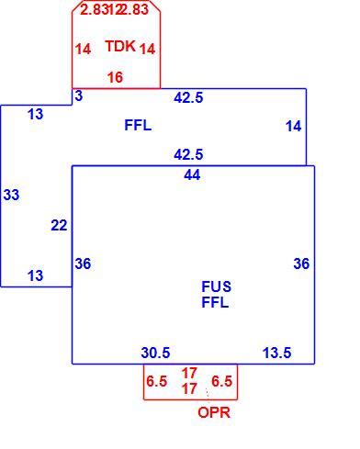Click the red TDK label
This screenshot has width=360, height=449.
tap(120, 46)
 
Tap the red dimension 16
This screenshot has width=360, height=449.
tap(115, 77)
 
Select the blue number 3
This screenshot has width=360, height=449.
tap(79, 95)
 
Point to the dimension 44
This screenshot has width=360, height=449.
tap(192, 175)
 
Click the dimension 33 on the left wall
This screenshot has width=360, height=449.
tap(11, 195)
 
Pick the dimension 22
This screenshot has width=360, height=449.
tap(59, 226)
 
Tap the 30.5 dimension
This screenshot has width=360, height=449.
tap(155, 353)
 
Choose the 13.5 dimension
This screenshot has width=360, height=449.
tap(277, 353)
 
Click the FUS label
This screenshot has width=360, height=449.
tap(217, 286)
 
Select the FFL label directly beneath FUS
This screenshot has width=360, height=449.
tap(215, 303)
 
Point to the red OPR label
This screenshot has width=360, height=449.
tap(214, 412)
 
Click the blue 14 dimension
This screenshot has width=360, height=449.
tap(293, 127)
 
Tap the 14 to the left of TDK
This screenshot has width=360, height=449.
tap(83, 49)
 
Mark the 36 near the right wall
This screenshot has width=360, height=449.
tap(301, 264)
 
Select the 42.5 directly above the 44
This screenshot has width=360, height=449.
tap(188, 154)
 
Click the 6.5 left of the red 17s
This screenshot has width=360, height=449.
tap(157, 381)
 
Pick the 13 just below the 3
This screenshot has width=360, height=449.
tap(36, 115)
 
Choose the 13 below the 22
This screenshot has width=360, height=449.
tap(36, 275)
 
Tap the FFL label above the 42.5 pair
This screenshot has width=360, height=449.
tap(138, 125)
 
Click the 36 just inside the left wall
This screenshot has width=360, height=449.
tap(83, 264)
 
